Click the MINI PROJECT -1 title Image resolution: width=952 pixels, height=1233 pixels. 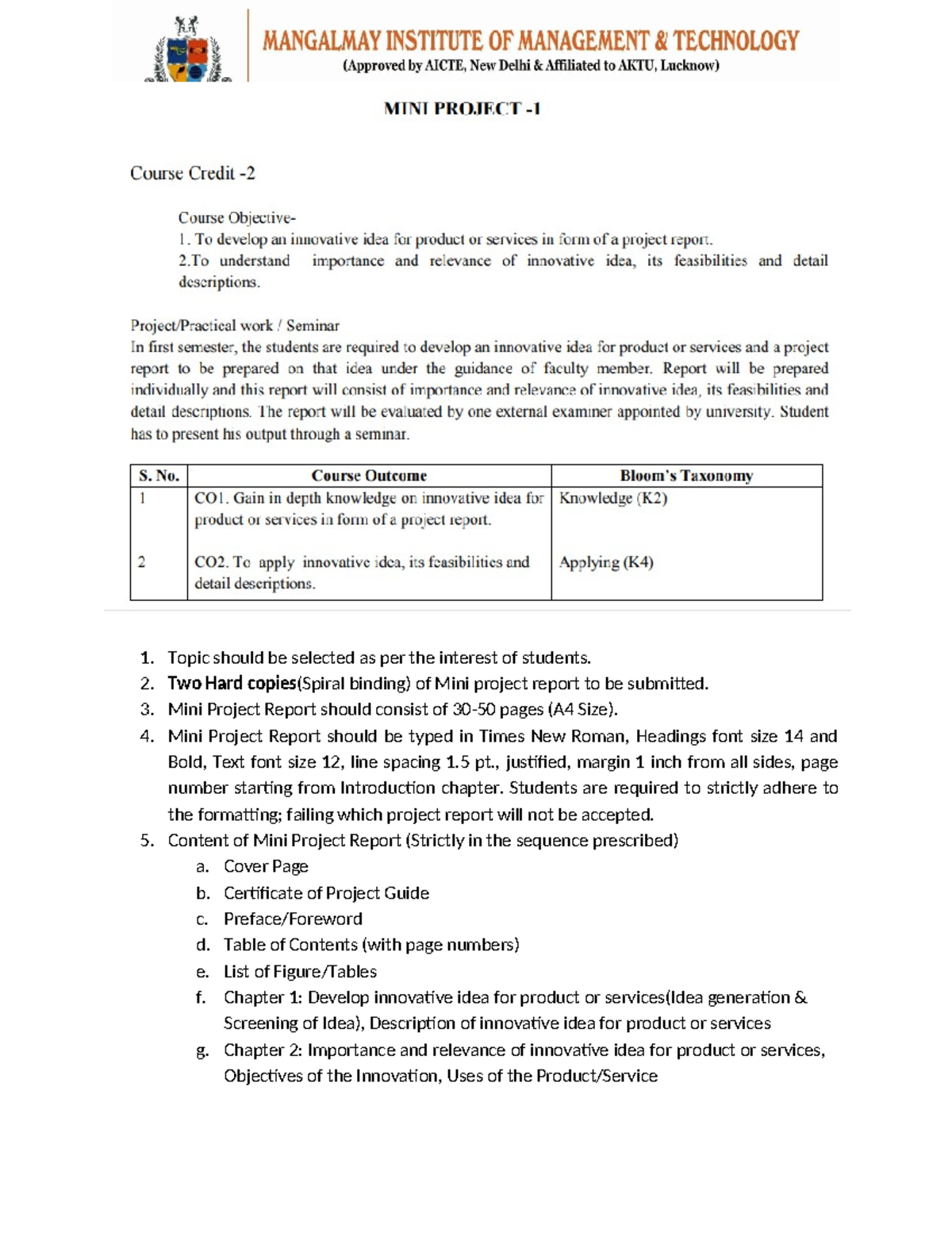coord(462,109)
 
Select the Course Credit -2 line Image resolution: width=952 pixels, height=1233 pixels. coord(193,173)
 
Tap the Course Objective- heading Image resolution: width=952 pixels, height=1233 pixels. coord(236,218)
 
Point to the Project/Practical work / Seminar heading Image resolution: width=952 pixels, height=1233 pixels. coord(235,326)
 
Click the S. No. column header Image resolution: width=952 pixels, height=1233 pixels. coord(159,476)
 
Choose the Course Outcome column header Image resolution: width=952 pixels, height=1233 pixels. coord(369,476)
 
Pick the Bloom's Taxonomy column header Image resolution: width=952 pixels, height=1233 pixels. coord(686,476)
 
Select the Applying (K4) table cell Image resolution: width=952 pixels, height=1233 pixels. coord(606,562)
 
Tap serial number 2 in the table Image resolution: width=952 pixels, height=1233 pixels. coord(142,562)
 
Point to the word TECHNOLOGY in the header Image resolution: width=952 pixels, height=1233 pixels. coord(736,40)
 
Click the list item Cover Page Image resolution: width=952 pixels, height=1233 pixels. coord(266,866)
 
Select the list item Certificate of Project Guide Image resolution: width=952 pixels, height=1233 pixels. coord(326,893)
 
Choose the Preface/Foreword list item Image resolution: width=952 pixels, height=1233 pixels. coord(293,919)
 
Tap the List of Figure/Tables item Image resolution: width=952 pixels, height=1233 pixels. coord(300,971)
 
